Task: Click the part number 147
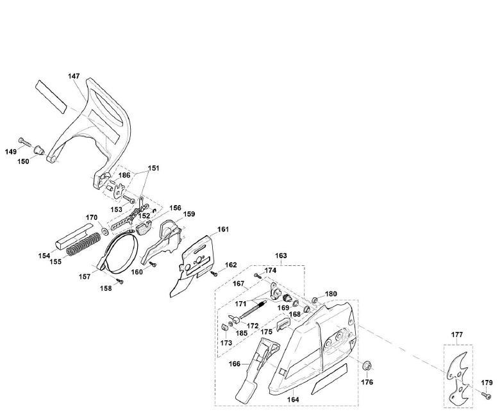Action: click(x=74, y=76)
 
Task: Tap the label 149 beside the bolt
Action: click(x=11, y=152)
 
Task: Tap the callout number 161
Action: click(x=222, y=229)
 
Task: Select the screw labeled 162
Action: click(x=214, y=274)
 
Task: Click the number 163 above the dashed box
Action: click(x=263, y=256)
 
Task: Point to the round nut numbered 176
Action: click(x=367, y=367)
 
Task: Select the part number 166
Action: click(x=235, y=364)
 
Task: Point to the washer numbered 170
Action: click(x=105, y=229)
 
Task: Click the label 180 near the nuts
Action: click(x=331, y=294)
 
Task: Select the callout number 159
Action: click(x=190, y=214)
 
